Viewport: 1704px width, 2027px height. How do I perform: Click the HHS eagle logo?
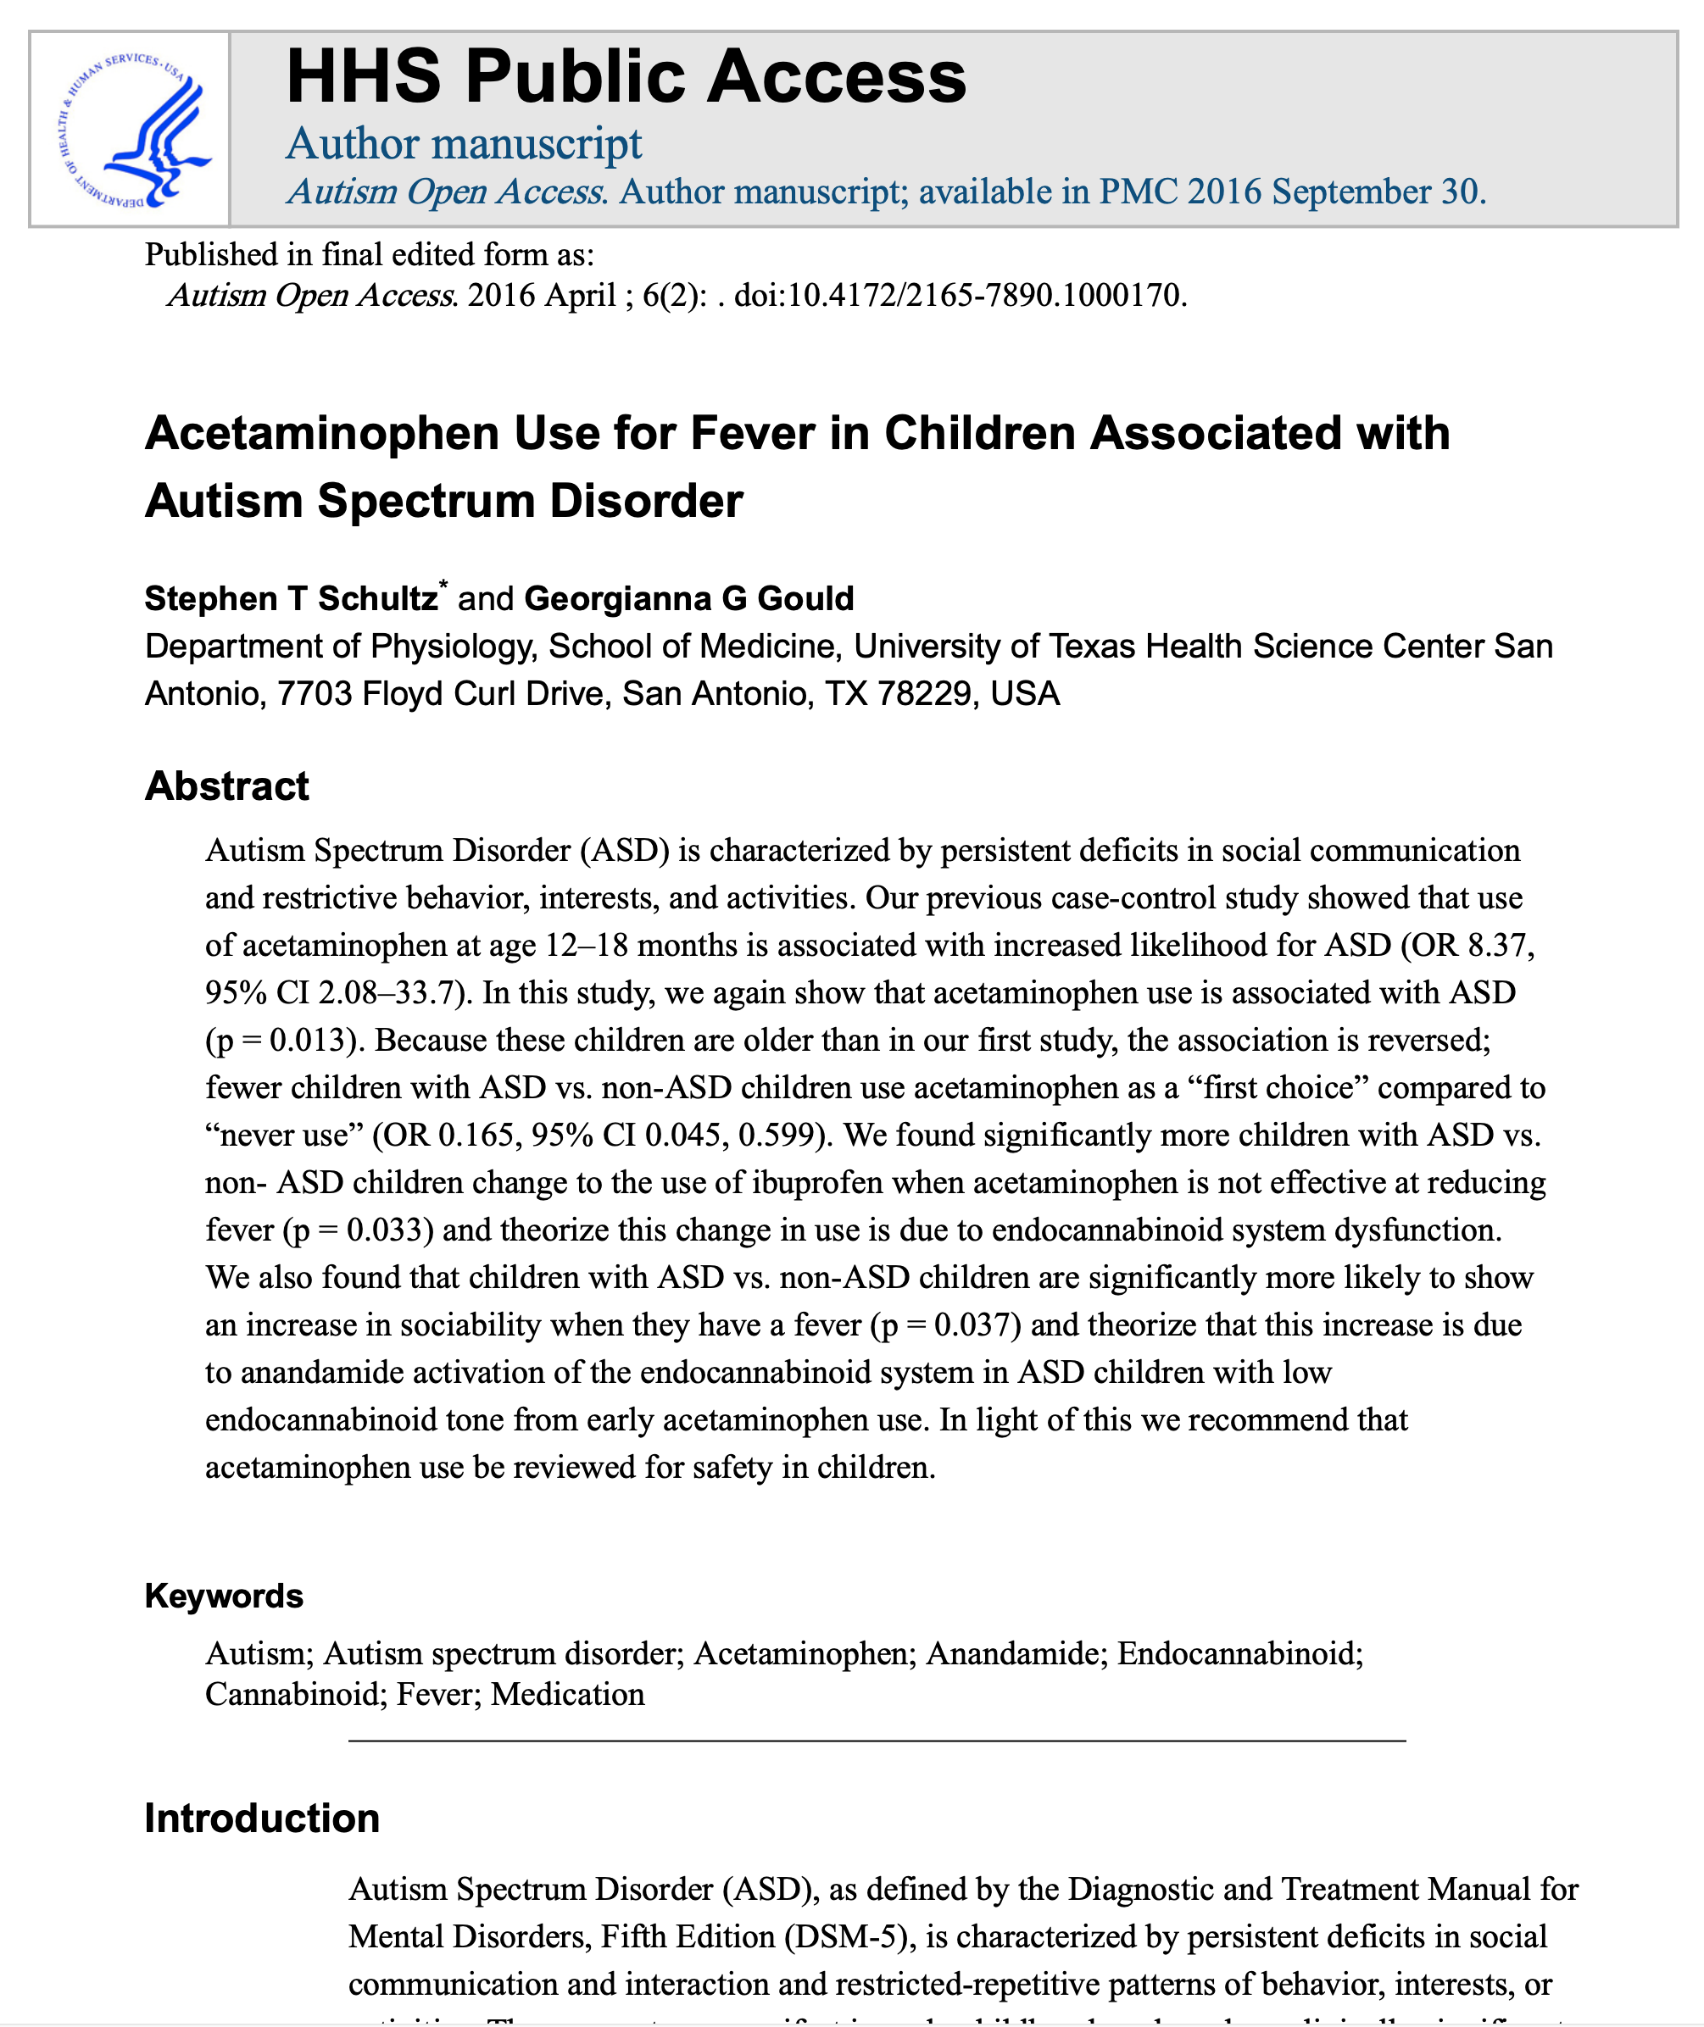(x=130, y=130)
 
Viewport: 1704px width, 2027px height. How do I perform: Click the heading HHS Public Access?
(x=626, y=77)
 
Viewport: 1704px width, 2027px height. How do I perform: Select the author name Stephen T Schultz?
(x=291, y=599)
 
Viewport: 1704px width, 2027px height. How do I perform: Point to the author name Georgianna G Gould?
(x=688, y=599)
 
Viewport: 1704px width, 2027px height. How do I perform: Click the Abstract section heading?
(x=227, y=786)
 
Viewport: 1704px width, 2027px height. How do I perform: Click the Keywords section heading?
(x=224, y=1596)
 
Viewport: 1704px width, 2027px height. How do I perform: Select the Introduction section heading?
(x=262, y=1819)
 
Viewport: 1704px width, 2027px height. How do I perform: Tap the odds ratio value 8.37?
(x=1499, y=946)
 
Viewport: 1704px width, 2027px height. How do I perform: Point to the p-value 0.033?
(x=385, y=1230)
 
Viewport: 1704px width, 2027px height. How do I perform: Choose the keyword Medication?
(x=567, y=1695)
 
